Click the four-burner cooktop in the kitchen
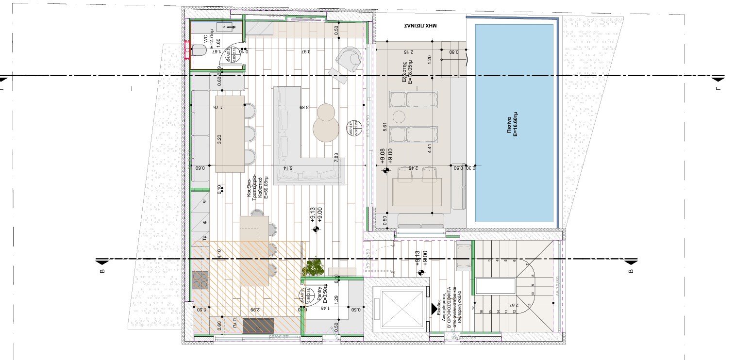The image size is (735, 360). click(x=200, y=280)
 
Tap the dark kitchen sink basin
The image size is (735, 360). click(x=258, y=325)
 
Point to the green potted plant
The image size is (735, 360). click(x=313, y=268)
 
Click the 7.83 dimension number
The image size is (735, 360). click(x=336, y=158)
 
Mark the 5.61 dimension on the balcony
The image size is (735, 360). click(x=385, y=128)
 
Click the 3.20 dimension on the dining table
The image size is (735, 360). click(x=220, y=140)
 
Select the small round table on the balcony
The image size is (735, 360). click(x=399, y=117)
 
